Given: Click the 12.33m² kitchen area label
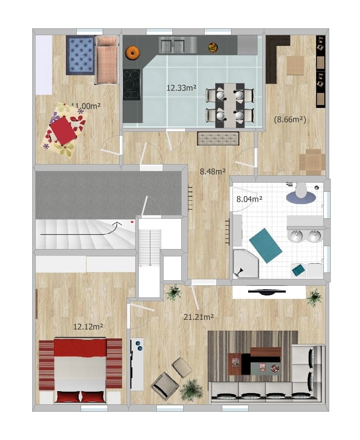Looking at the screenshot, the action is tap(181, 88).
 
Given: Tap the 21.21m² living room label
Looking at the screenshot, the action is tap(199, 317).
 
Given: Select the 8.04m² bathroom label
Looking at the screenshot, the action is tap(250, 199).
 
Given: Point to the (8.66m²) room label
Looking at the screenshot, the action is tap(290, 120).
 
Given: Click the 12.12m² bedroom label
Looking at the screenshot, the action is tap(88, 326).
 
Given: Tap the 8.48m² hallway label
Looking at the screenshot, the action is tap(212, 171).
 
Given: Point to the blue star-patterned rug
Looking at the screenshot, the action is tap(80, 55).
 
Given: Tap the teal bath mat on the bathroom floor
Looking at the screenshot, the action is tap(265, 246).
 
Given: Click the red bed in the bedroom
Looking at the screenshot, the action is tap(80, 370).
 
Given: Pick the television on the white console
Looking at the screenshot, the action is tap(267, 292).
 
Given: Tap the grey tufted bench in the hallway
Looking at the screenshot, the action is tap(218, 139).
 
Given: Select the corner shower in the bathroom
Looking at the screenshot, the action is tap(246, 264).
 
